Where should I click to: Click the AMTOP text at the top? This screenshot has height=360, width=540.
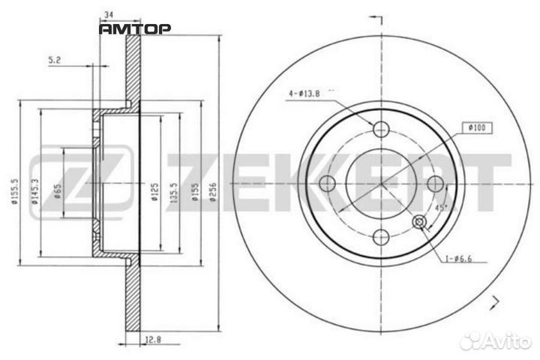click(x=136, y=28)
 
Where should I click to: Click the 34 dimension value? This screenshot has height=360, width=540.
click(x=110, y=13)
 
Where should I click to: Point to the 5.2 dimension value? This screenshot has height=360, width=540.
click(x=54, y=61)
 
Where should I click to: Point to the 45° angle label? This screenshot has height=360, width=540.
click(x=441, y=207)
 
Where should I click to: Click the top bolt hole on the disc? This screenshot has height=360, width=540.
click(x=381, y=128)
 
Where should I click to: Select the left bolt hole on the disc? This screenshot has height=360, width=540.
click(x=326, y=183)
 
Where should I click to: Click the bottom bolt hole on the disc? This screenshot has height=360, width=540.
click(x=381, y=238)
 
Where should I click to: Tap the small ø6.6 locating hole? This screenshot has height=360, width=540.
click(x=420, y=221)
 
